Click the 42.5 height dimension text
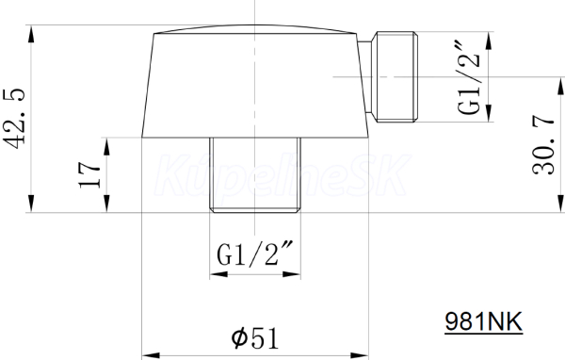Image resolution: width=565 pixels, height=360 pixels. click(x=14, y=119)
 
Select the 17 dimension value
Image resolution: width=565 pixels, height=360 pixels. click(x=89, y=175)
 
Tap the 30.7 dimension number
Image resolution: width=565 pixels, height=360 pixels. click(x=542, y=144)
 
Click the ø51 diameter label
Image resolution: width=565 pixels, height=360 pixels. click(x=255, y=338)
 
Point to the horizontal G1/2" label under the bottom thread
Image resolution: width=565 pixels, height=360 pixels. click(x=255, y=254)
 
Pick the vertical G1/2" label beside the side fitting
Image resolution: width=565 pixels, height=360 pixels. click(x=469, y=78)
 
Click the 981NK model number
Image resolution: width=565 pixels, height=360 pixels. click(x=483, y=321)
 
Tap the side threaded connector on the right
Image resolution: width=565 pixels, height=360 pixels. click(x=395, y=77)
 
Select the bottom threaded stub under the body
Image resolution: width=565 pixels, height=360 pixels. click(x=255, y=175)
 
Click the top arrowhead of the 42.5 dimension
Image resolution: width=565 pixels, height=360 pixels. click(x=31, y=34)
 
